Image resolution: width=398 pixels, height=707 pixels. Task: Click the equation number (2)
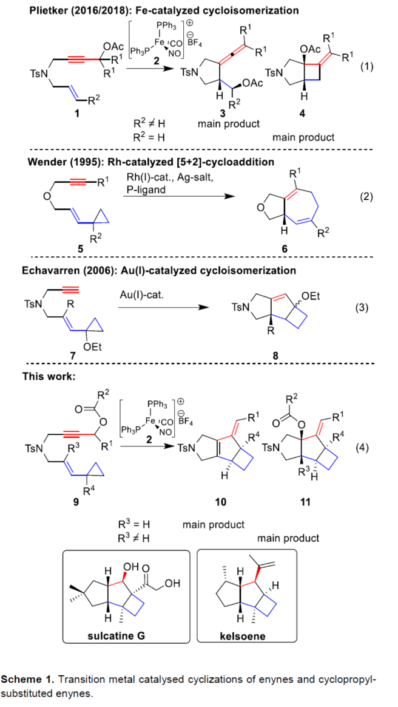(367, 197)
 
